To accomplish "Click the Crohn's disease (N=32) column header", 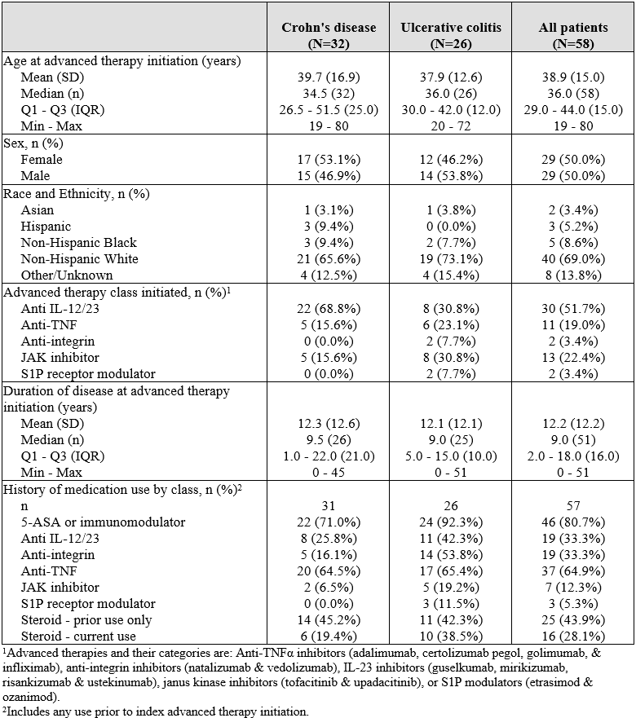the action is (329, 35).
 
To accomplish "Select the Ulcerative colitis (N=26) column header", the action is (451, 35).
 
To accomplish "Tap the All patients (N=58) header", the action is (573, 35).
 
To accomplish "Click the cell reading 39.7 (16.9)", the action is (329, 77).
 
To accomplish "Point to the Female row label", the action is (42, 160).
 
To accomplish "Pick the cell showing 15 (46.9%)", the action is (329, 176).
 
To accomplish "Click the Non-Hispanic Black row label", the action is (79, 243).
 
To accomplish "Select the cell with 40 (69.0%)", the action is (573, 258).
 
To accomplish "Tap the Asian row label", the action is (38, 210).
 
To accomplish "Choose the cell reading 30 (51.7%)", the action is (573, 309).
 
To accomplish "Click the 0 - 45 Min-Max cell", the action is (329, 472).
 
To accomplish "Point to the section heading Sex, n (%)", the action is (33, 143).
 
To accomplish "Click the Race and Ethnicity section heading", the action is (77, 194).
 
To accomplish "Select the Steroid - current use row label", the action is (78, 636).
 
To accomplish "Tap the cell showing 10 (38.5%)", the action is (451, 636).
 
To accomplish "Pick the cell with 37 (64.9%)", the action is (573, 571).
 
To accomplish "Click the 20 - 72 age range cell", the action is (451, 126).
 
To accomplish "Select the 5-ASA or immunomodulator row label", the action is (103, 522).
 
